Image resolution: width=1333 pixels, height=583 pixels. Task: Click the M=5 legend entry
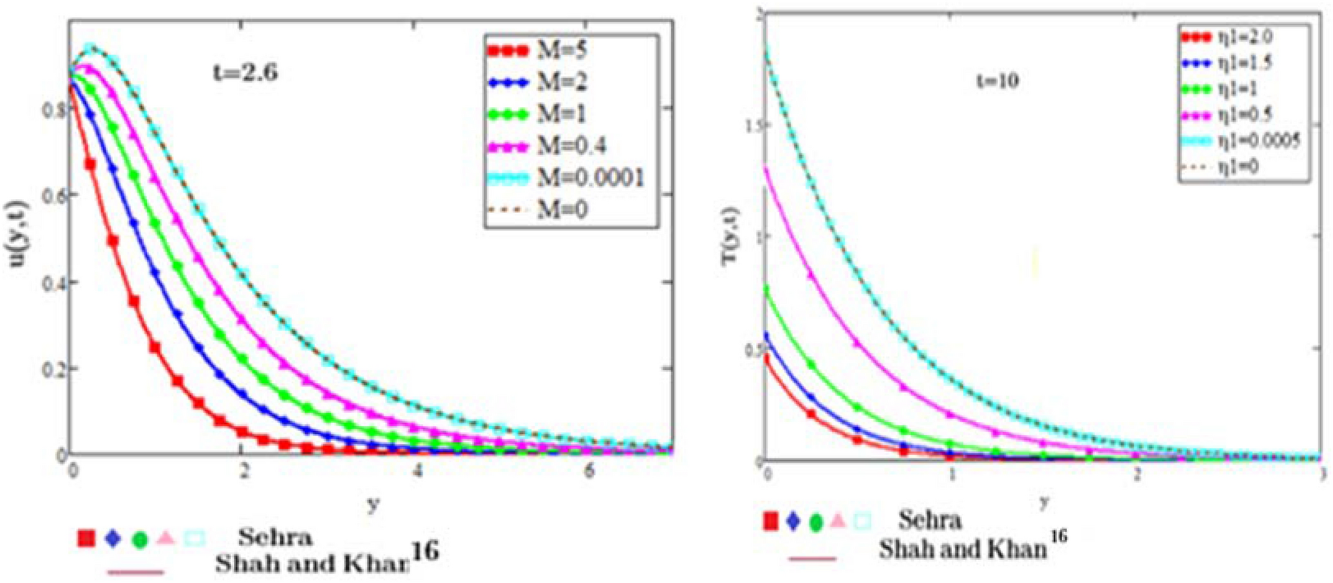(561, 50)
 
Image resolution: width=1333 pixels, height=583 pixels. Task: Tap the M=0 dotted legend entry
(562, 210)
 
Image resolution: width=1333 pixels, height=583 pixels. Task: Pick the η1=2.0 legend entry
(1245, 37)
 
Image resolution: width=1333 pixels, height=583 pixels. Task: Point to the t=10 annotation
(997, 81)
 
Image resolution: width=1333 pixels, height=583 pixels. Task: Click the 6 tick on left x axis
(589, 472)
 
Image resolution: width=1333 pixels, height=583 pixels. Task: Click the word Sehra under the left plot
(275, 537)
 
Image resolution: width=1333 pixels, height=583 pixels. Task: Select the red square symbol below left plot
(86, 539)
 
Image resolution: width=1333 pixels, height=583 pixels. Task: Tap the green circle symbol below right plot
(816, 521)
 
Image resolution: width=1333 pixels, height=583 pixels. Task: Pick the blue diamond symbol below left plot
(113, 538)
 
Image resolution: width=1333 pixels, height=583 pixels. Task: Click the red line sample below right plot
(812, 558)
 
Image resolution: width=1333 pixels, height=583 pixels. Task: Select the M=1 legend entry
(561, 114)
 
